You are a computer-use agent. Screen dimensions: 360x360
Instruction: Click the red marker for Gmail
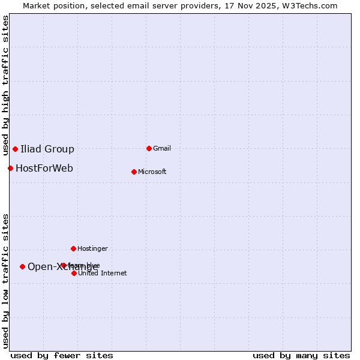pos(149,148)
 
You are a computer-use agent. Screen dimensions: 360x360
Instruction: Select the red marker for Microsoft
pos(134,172)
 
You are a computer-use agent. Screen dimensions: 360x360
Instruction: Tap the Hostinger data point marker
pos(73,248)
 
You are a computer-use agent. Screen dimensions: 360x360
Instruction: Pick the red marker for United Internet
pos(74,273)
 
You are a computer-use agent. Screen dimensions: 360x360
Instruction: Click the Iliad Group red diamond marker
pos(15,149)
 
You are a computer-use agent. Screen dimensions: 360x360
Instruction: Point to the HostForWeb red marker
pos(10,168)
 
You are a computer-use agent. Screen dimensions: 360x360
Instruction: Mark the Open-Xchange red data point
pos(22,266)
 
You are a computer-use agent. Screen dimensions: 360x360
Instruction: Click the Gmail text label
pos(162,148)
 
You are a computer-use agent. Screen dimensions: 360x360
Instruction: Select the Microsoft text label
pos(152,172)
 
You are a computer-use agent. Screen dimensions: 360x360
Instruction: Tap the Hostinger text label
pos(92,248)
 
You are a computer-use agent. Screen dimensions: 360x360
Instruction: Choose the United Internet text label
pos(103,273)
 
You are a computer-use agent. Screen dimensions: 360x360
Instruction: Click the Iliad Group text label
pos(47,149)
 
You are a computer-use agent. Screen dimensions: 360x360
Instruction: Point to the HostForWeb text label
pos(44,168)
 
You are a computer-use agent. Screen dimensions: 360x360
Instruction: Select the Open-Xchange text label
pos(63,266)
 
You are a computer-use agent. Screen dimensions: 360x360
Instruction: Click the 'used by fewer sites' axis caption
pos(62,355)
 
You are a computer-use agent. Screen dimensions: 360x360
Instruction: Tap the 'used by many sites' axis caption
pos(301,355)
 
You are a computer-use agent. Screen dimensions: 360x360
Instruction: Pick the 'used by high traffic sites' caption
pos(5,85)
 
